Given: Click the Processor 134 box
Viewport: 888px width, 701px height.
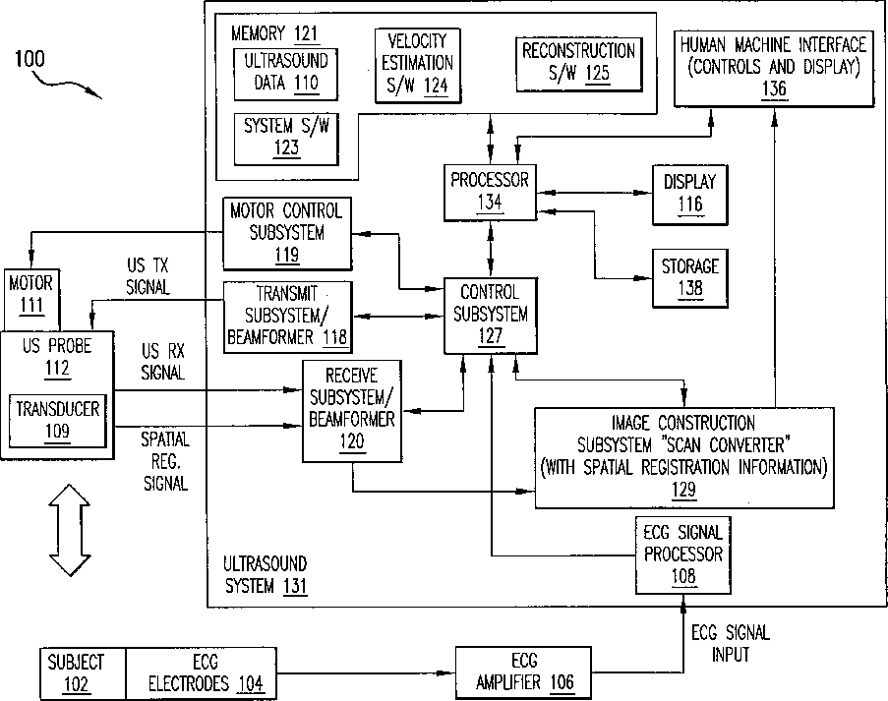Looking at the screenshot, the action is pos(490,193).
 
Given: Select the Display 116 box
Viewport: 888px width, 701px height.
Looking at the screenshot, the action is pos(689,196).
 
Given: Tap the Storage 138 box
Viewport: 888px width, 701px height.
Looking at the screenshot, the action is pos(689,278).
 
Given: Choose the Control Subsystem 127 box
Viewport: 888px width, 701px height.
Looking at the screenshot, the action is pos(491,316).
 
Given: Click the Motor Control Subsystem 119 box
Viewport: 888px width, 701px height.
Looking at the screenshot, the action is pos(287,233).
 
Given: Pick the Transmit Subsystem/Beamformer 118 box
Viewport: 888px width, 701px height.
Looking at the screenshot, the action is pos(288,318).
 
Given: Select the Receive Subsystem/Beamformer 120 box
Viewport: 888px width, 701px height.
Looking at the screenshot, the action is pos(352,411).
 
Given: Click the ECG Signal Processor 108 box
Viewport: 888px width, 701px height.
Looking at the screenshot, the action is pos(683,555).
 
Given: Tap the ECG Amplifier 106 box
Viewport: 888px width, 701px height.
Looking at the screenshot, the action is pos(524,672).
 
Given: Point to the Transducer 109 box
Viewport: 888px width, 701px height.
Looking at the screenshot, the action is pos(58,421).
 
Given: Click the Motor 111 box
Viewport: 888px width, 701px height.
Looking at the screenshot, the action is pos(31,300).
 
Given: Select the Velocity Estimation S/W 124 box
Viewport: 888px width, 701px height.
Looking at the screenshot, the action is pos(418,66).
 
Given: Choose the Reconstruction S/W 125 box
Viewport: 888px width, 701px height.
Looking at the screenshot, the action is pos(579,64).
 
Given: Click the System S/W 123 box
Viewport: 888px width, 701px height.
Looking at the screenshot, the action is pos(286,140).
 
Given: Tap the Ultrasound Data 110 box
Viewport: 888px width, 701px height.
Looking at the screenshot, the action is pos(286,74).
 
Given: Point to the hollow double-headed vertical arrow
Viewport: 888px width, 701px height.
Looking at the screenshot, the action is pos(70,530).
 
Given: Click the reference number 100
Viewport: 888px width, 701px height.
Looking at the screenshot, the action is pos(30,59).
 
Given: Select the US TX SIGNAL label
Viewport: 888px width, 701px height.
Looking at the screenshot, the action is pos(148,275).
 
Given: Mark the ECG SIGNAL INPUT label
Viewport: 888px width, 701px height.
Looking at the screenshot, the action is pos(731,643).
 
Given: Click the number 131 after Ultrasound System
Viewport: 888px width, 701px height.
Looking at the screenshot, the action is pos(294,586).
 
